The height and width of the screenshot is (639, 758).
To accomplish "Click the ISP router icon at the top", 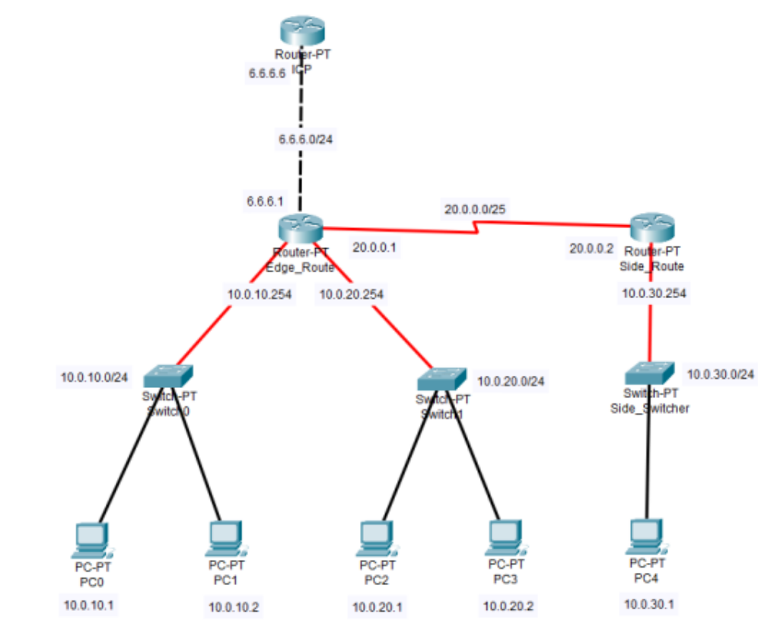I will click(302, 31).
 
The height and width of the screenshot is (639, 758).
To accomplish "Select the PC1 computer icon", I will click(225, 539).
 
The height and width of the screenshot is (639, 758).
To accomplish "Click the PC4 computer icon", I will click(648, 537).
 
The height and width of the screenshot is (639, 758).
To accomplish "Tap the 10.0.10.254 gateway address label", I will click(260, 294).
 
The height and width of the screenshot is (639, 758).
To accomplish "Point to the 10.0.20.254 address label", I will click(352, 294).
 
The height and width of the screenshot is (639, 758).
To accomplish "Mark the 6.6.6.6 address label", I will click(266, 74).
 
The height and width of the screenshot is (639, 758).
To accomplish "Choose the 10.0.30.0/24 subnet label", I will click(720, 374).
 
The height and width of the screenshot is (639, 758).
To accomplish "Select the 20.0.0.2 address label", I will click(592, 248).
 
